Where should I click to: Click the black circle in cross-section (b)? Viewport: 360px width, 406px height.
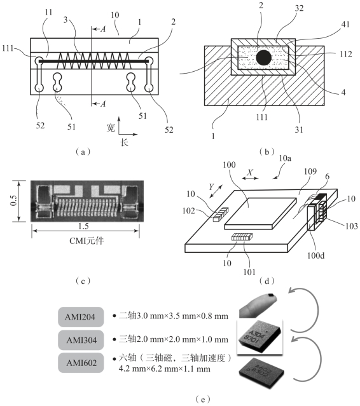pos(263,58)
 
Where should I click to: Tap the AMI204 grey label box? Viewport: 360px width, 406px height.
pos(81,316)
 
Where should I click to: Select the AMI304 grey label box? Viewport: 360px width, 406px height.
pos(81,340)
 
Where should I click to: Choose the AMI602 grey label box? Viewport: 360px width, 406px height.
pos(81,363)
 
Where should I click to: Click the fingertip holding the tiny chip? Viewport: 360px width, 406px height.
pos(258,306)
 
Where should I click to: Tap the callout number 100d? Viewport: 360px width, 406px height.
pos(315,255)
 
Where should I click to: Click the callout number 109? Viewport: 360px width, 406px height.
pos(310,172)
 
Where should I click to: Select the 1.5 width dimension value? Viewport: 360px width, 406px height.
pos(83,226)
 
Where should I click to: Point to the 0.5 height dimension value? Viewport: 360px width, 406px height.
pos(13,200)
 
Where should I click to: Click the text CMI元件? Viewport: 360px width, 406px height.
pos(87,241)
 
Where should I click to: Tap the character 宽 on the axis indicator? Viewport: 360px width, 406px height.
pos(111,128)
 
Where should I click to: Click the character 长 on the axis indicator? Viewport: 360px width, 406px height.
pos(125,142)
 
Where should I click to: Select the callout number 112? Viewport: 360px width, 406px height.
pos(346,54)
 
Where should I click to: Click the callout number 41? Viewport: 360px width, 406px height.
pos(345,24)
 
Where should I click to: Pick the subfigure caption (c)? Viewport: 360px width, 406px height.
pos(83,281)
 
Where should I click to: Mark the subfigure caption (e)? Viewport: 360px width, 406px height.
pos(202,399)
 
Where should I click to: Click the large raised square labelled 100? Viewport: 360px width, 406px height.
pos(260,213)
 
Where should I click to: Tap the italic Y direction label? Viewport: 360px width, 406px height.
pos(211,187)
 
